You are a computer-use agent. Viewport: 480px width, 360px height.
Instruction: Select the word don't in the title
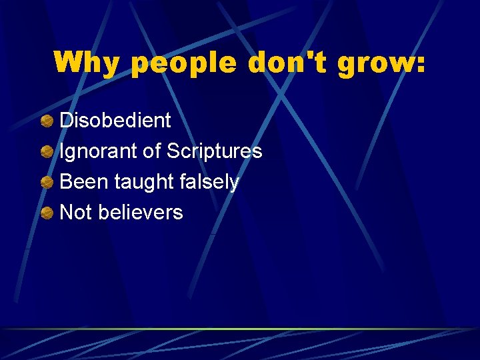click(x=291, y=63)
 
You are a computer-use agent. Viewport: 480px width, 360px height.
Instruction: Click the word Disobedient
click(x=115, y=121)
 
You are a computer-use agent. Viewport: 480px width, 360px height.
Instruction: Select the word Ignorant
click(x=99, y=151)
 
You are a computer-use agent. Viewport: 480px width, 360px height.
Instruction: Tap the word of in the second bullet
click(x=151, y=151)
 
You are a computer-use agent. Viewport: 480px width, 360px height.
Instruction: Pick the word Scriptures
click(x=214, y=152)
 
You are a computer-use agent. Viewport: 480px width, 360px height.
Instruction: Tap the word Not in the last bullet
click(x=75, y=213)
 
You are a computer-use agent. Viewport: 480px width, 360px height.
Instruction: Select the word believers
click(x=140, y=213)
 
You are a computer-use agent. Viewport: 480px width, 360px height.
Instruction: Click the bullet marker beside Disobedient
click(x=47, y=121)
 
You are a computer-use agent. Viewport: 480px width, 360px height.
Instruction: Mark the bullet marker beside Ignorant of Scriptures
click(x=47, y=152)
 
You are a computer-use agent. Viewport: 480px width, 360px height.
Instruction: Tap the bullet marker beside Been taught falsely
click(x=47, y=183)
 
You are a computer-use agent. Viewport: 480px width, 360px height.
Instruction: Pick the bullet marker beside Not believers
click(x=47, y=213)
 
